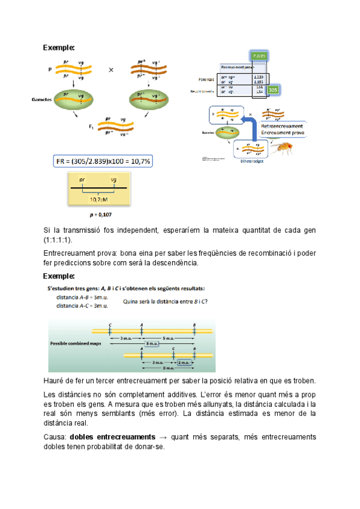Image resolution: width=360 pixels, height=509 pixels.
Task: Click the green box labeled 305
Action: [273, 90]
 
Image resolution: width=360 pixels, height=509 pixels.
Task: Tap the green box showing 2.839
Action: [260, 56]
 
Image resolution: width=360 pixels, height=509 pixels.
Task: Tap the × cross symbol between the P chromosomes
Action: [111, 70]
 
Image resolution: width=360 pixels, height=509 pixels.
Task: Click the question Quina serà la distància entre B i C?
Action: [166, 302]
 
